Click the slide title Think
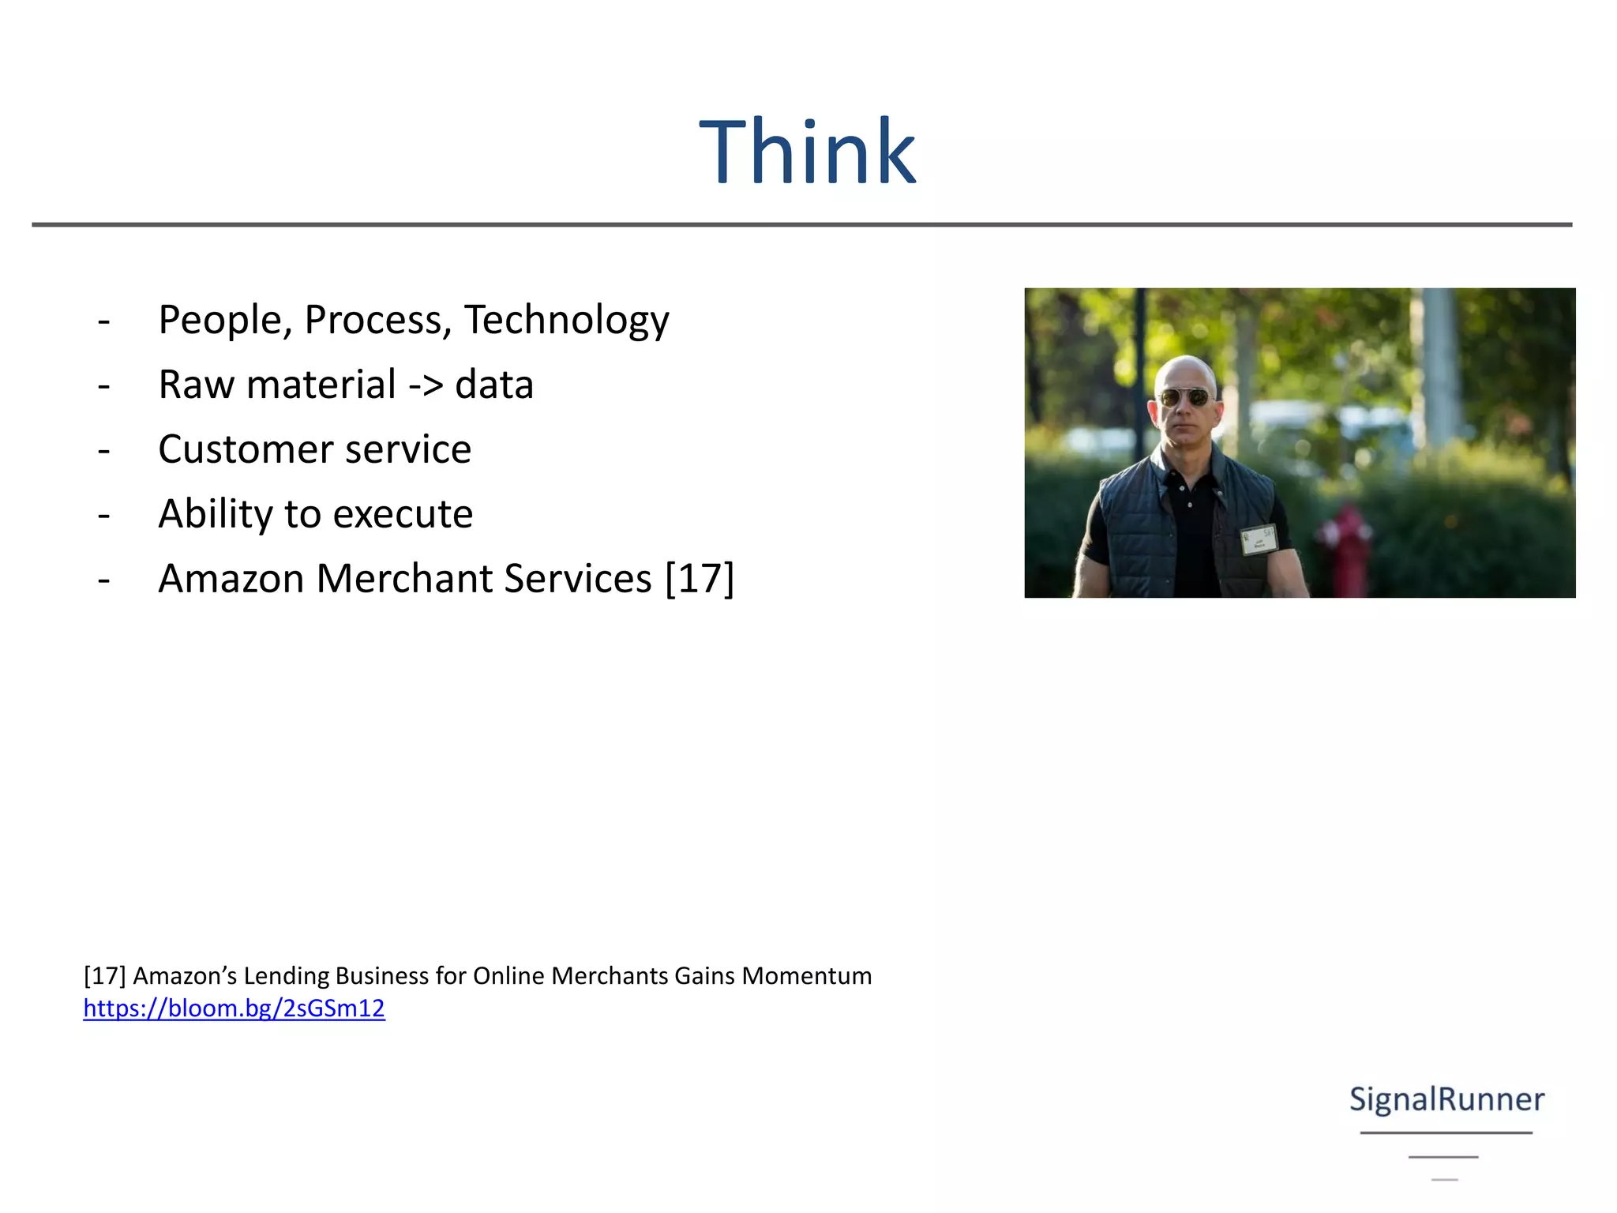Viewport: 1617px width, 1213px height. (807, 152)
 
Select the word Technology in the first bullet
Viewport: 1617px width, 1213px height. (566, 321)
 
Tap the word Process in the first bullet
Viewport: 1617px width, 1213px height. (377, 321)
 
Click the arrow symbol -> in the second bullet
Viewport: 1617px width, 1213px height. (426, 385)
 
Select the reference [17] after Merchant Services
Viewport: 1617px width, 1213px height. (700, 579)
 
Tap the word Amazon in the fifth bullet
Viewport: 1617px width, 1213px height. (231, 579)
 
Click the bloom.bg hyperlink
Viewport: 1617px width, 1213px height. (234, 1008)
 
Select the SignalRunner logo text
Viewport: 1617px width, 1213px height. (1446, 1099)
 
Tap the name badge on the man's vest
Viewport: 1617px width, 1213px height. (1259, 539)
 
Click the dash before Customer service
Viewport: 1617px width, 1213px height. (103, 450)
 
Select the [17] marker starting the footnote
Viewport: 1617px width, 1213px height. (104, 976)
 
